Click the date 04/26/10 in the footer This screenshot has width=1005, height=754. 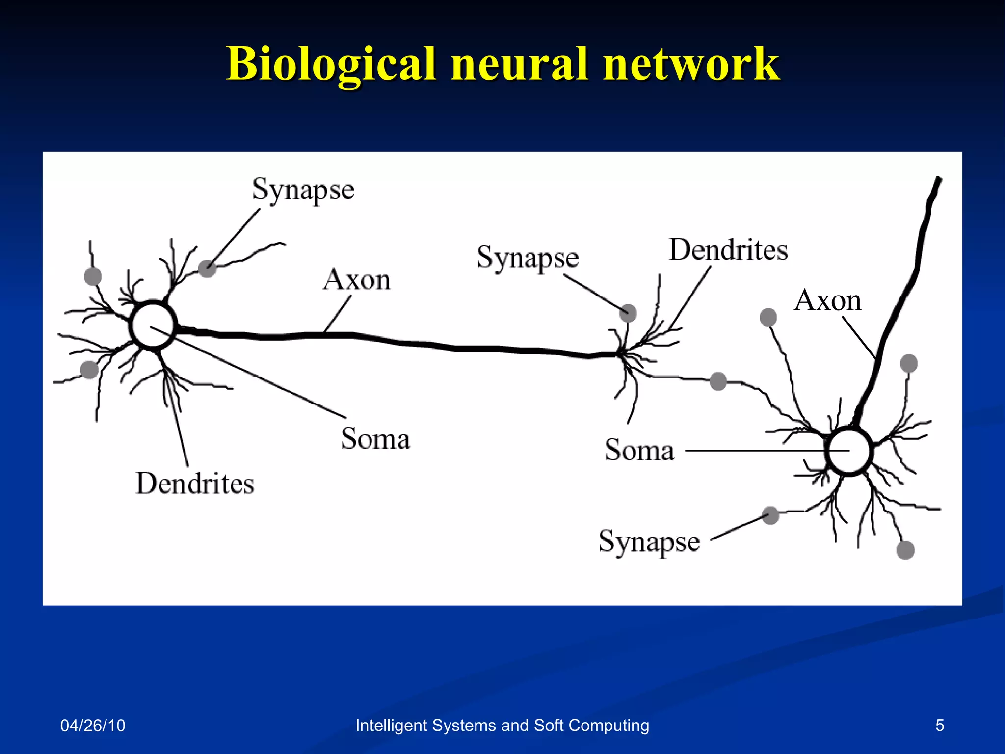92,725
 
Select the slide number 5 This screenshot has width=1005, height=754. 939,725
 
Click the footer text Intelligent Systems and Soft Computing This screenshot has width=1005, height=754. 502,725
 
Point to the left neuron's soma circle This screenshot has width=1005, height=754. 153,325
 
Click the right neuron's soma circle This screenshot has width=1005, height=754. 849,451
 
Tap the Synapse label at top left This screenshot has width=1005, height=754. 303,190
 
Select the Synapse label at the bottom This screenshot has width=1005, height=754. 649,542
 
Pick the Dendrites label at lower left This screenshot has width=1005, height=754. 195,484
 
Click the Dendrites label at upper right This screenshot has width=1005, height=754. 728,250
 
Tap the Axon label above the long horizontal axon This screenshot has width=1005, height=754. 357,280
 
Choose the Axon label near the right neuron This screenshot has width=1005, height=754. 827,300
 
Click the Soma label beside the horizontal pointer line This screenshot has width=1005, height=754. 639,450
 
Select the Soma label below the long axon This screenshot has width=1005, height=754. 375,438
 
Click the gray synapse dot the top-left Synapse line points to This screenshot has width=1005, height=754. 208,269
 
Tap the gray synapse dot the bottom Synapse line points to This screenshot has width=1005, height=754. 771,515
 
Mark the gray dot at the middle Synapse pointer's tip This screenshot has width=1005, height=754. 628,313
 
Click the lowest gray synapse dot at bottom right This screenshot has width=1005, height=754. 905,550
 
